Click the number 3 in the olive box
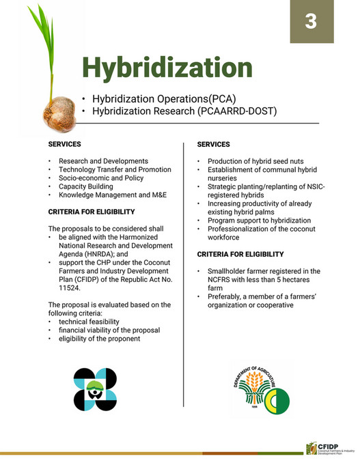311,21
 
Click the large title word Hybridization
167,68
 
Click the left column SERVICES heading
65,145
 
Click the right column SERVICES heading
214,145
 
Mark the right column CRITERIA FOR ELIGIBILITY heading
240,254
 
